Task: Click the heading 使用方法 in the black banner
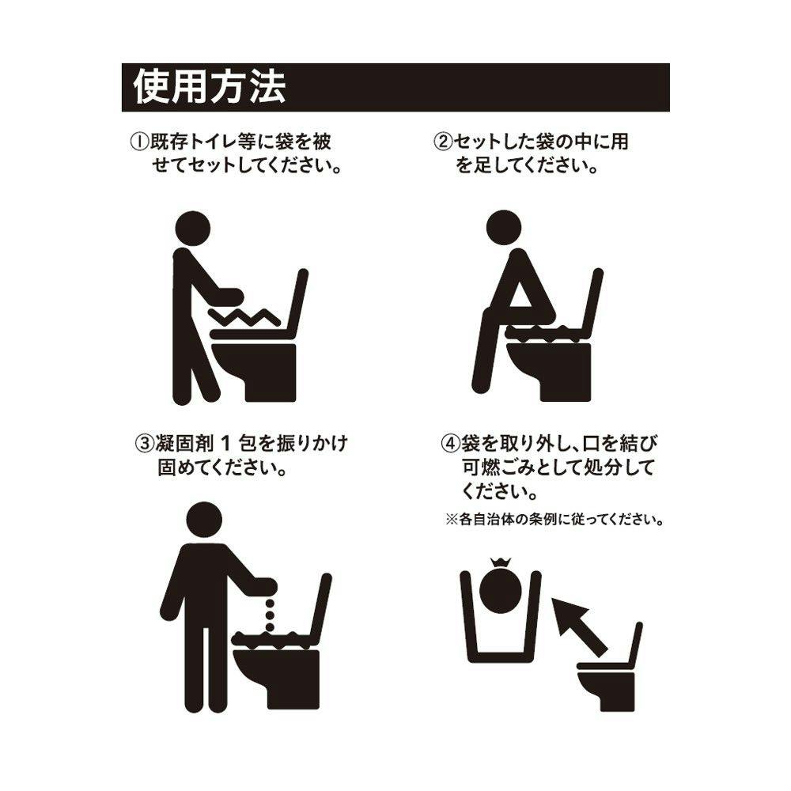[210, 87]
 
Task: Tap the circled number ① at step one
[139, 142]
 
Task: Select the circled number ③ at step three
[144, 444]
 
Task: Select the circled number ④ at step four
[451, 444]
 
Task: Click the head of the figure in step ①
[191, 229]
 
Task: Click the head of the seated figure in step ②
[504, 228]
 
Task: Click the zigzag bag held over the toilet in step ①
[244, 317]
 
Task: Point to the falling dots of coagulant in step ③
[270, 615]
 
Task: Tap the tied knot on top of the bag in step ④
[500, 563]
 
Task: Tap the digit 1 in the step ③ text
[226, 444]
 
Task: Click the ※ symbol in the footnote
[451, 519]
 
